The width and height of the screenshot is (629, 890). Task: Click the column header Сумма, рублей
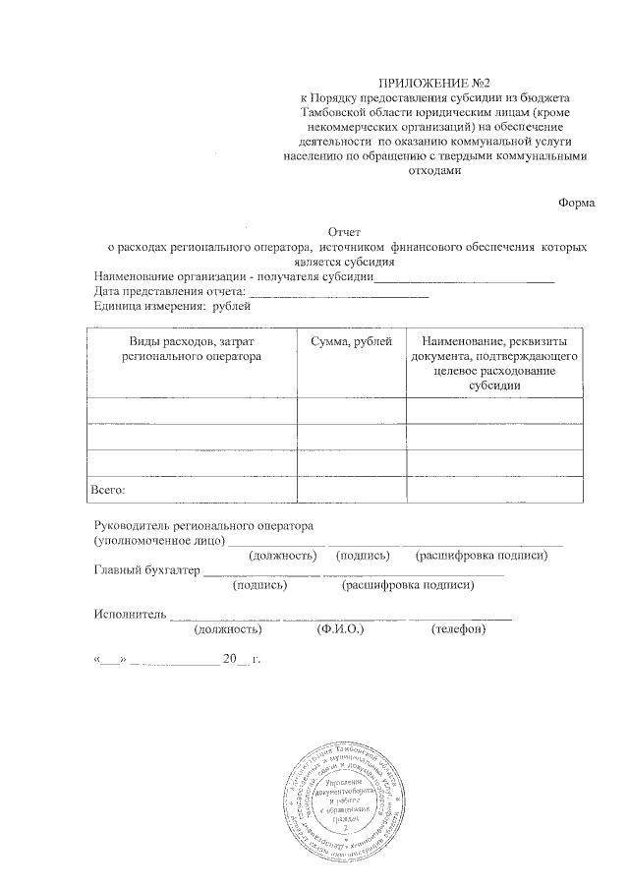pyautogui.click(x=351, y=340)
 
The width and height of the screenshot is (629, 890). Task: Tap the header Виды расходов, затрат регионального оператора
pyautogui.click(x=192, y=348)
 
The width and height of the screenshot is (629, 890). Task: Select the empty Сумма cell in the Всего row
pyautogui.click(x=351, y=487)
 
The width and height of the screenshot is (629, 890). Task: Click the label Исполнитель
pyautogui.click(x=130, y=616)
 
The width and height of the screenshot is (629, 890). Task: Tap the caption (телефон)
pyautogui.click(x=458, y=629)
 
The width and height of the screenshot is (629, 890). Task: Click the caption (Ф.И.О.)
pyautogui.click(x=341, y=629)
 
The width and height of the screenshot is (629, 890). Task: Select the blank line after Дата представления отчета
pyautogui.click(x=339, y=293)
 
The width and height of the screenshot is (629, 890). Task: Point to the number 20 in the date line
pyautogui.click(x=231, y=659)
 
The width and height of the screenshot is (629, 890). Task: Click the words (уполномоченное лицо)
pyautogui.click(x=157, y=540)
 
